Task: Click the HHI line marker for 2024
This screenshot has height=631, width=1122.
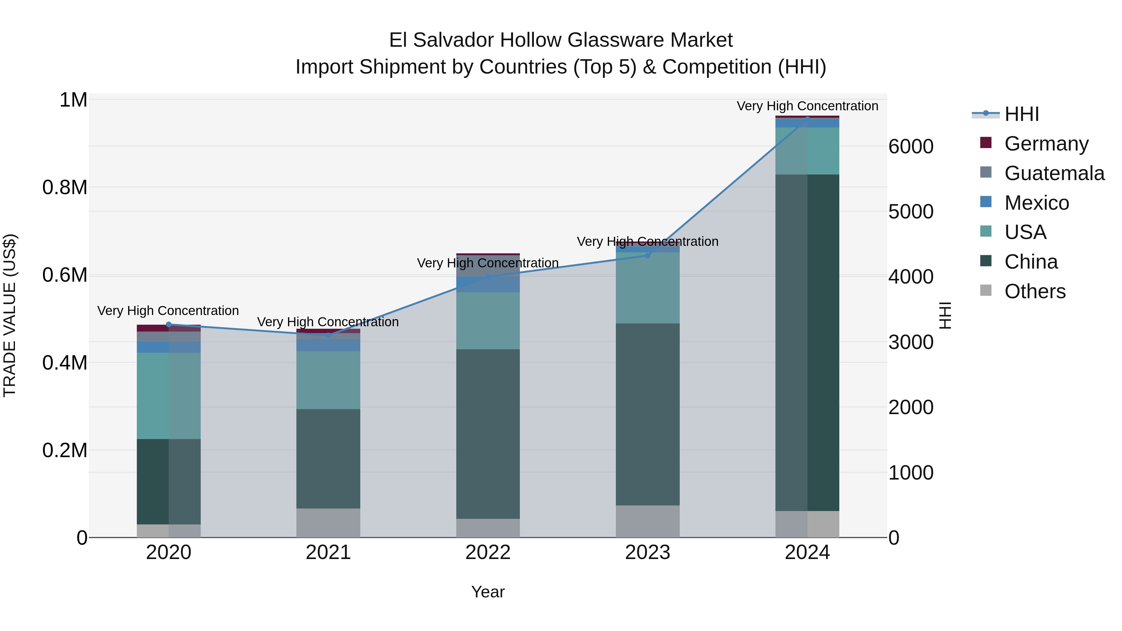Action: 807,119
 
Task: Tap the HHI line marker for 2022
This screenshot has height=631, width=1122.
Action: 488,277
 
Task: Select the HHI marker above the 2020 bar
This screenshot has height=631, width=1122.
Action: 169,324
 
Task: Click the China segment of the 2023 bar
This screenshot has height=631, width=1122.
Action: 647,414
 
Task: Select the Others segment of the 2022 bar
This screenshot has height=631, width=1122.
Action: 488,528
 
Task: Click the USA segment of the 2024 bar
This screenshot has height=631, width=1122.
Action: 807,151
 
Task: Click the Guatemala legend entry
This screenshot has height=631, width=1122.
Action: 1054,173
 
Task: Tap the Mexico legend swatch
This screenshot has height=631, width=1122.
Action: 986,202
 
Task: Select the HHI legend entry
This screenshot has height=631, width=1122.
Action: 1021,114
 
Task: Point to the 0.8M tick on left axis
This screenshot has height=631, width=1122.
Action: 65,188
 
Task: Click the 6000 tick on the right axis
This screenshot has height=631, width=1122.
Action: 911,147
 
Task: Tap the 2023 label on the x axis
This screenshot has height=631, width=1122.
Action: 647,552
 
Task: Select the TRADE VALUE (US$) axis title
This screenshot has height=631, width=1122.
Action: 10,315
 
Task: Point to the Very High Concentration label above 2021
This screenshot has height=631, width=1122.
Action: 328,322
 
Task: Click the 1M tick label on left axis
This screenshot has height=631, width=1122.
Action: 73,100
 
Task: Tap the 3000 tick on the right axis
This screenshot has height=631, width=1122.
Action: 911,342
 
